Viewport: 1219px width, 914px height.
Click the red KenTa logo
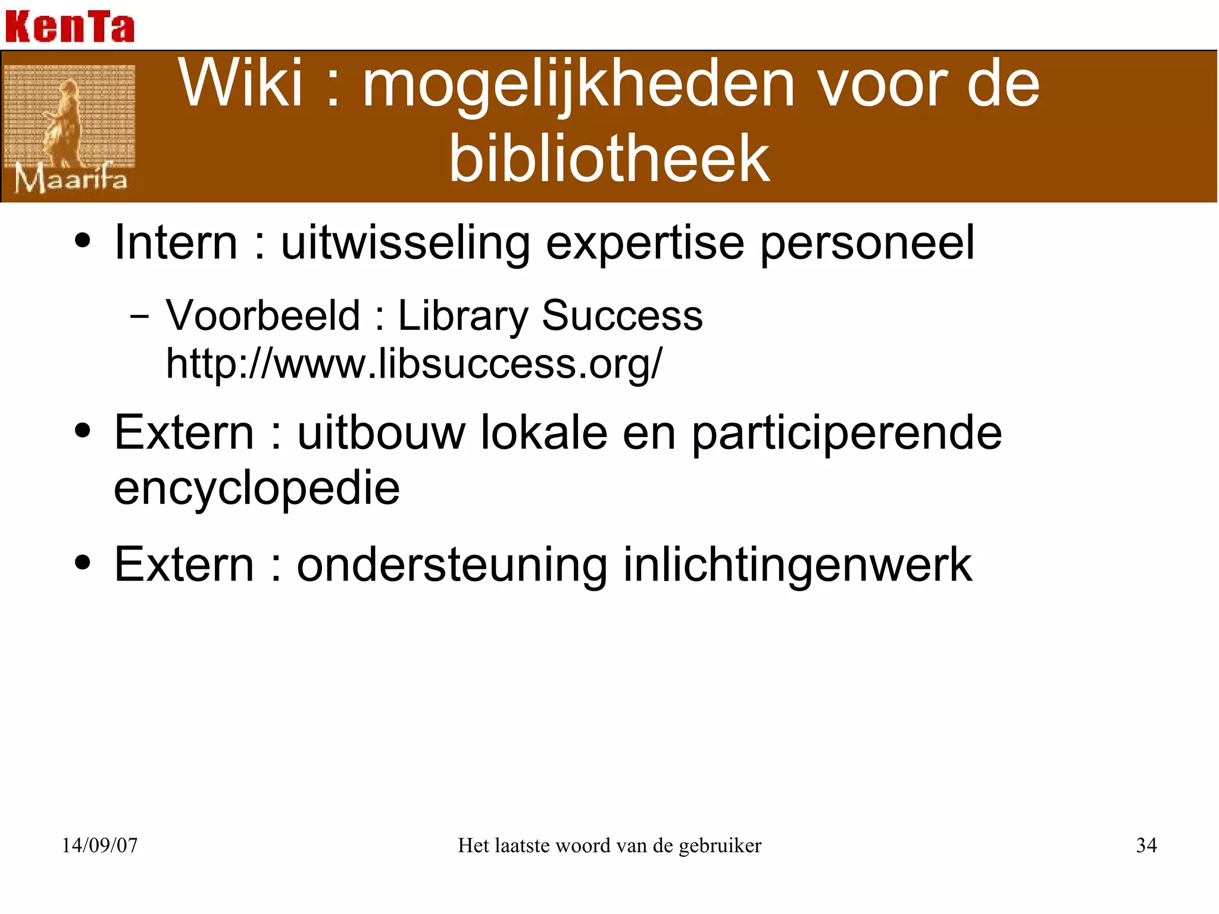[x=70, y=26]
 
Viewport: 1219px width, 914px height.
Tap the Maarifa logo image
[x=70, y=128]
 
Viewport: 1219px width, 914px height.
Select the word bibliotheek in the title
[x=609, y=158]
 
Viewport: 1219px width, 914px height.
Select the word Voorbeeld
[x=262, y=315]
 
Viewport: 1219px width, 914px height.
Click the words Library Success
[x=550, y=316]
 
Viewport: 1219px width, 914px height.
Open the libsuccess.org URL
[x=414, y=364]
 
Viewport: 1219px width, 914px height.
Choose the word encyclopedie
[x=257, y=489]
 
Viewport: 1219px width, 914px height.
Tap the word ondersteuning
[x=452, y=565]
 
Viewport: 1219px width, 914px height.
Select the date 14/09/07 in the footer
[x=99, y=846]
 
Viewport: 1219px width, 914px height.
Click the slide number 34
[x=1146, y=846]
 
